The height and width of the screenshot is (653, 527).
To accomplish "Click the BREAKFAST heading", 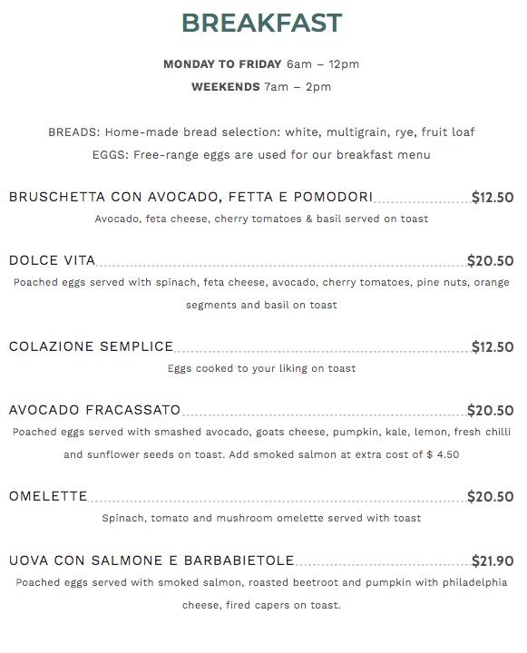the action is pos(261,23).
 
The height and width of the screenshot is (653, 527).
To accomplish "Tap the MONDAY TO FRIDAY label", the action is pos(222,64).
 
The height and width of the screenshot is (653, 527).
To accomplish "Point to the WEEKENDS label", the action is pos(225,87).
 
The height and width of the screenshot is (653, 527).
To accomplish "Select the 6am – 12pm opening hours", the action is pos(323,64).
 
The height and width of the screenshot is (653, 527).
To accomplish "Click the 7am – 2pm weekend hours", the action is pos(298,87).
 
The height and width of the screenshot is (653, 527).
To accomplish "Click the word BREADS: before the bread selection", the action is pos(73,132).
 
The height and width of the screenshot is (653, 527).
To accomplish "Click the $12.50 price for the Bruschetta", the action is pos(493,197).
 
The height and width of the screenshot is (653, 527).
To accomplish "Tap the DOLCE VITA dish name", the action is pos(52,260).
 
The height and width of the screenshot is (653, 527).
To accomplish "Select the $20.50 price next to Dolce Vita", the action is pos(490,260).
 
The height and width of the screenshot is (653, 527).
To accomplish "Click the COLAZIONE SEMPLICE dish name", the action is pos(91,346).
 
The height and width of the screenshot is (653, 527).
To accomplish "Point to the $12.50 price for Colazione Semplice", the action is pos(493,346).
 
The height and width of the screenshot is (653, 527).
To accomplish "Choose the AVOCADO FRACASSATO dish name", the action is pos(94,410).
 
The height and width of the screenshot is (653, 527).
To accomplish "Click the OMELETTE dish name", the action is pos(48,496).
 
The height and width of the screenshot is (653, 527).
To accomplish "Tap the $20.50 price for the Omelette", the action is pos(490,496).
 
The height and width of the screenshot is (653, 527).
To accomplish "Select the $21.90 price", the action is pos(493,560).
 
